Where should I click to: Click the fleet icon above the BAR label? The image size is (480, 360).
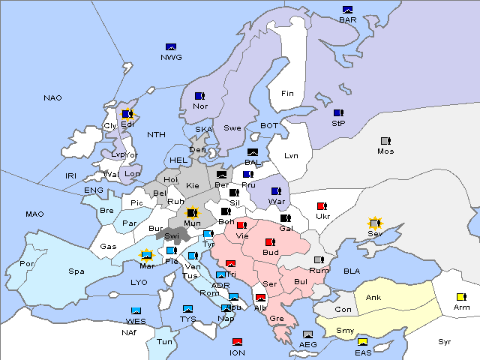pyautogui.click(x=347, y=10)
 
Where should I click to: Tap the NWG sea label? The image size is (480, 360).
pyautogui.click(x=171, y=56)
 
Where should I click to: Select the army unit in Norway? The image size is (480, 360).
pyautogui.click(x=199, y=96)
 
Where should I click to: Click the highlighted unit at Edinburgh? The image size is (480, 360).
pyautogui.click(x=127, y=115)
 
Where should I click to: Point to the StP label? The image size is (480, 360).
pyautogui.click(x=337, y=123)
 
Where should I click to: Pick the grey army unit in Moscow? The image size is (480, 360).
pyautogui.click(x=385, y=141)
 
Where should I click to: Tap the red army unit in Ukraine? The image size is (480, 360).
pyautogui.click(x=322, y=206)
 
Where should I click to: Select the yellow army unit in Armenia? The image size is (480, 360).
pyautogui.click(x=461, y=296)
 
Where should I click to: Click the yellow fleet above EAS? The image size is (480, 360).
pyautogui.click(x=362, y=343)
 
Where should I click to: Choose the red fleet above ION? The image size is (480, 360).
pyautogui.click(x=238, y=343)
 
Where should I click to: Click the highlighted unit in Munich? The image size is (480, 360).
pyautogui.click(x=193, y=213)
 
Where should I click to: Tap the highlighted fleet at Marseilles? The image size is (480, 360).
pyautogui.click(x=147, y=256)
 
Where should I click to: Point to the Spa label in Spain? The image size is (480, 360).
pyautogui.click(x=76, y=271)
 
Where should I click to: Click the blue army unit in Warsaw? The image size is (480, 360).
pyautogui.click(x=276, y=191)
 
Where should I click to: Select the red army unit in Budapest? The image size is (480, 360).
pyautogui.click(x=270, y=242)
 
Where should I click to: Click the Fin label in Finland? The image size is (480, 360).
pyautogui.click(x=287, y=94)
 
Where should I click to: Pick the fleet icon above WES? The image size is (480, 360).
pyautogui.click(x=136, y=310)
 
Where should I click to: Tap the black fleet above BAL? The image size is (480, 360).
pyautogui.click(x=253, y=152)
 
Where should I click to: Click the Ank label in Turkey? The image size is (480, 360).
pyautogui.click(x=373, y=298)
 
